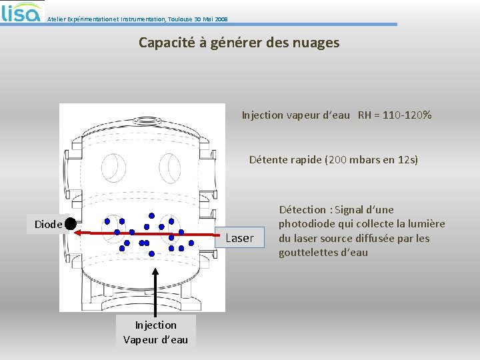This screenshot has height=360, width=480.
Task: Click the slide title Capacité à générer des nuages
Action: (x=239, y=43)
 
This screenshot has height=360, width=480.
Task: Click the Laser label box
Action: (x=239, y=238)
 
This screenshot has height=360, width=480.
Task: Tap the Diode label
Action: (x=48, y=225)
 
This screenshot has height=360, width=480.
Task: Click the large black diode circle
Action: (x=71, y=225)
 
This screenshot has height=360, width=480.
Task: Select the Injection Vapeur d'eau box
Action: (x=155, y=332)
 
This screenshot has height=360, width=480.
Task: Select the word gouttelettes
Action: (x=308, y=253)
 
